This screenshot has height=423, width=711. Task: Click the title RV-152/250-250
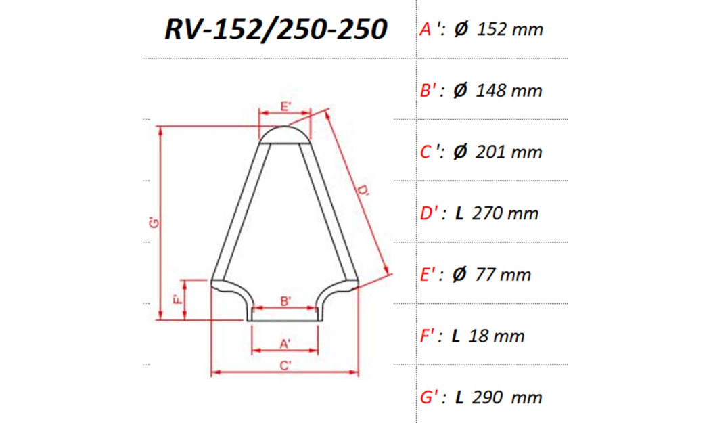276,30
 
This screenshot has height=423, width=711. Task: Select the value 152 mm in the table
510,29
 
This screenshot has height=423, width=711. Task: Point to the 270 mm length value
506,214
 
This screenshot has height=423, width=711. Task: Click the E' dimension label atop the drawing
285,106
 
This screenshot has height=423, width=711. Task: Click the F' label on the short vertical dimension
177,300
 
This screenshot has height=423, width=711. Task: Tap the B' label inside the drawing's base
285,301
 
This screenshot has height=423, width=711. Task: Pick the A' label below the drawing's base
285,344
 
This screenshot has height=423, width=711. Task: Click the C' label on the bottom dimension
285,365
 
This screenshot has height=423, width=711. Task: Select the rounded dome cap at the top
285,133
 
